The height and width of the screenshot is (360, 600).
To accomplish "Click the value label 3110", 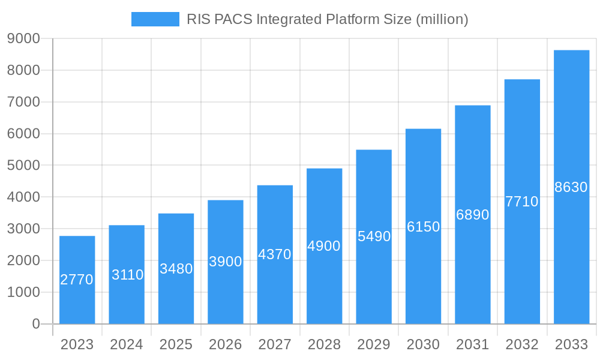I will coord(127,275).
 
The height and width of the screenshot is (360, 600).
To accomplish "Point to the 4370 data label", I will coord(275,254).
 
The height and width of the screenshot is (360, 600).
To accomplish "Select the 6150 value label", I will coord(423,227).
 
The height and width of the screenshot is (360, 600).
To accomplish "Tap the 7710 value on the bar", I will coord(522,202).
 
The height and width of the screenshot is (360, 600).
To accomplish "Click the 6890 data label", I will coord(473,215).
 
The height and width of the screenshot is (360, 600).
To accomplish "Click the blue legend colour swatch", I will coord(155,19).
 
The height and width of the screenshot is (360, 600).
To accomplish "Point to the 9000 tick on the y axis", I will coord(23,39).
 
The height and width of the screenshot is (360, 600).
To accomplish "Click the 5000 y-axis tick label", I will coord(23,166).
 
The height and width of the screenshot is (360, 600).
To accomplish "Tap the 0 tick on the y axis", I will coord(35,324).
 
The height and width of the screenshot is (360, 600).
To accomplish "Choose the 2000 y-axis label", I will coord(23,260).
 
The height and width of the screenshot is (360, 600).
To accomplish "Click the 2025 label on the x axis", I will coord(176,344).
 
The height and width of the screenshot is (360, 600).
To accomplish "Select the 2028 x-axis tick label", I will coord(324,344).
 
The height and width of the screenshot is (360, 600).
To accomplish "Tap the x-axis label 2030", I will coord(423,344).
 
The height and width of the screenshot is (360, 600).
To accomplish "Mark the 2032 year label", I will coord(522,344).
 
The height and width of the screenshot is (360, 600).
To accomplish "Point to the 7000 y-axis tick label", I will coord(23,102).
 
